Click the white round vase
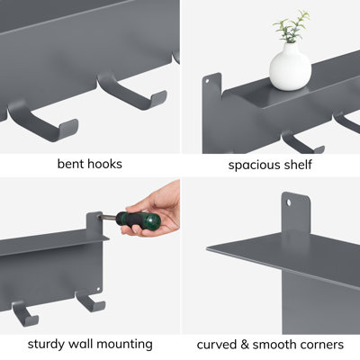290,67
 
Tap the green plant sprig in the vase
292,26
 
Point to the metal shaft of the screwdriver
107,217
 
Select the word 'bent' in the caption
68,164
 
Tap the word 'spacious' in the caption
251,166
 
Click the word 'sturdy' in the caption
46,345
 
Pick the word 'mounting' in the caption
125,345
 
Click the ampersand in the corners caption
245,345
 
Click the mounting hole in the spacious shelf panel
207,80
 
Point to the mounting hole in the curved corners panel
289,202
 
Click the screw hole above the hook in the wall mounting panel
98,289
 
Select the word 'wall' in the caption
81,344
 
